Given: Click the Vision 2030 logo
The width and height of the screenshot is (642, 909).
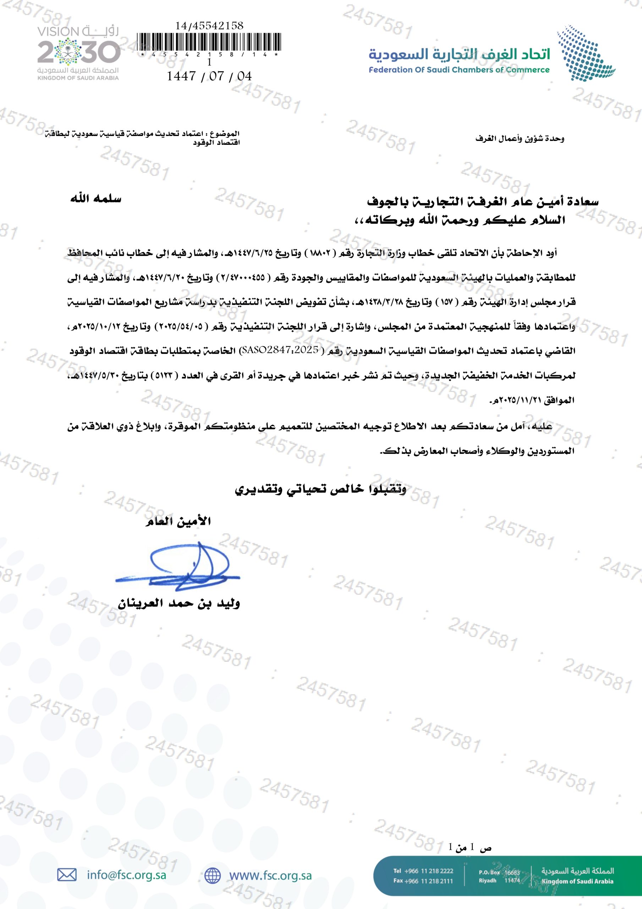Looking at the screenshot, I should pos(78,53).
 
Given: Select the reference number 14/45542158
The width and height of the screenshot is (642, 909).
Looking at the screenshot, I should pos(209,26).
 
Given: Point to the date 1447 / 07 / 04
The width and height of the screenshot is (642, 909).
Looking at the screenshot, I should pos(209,76).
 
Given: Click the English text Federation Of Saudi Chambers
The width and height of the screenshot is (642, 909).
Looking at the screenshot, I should pos(459,70).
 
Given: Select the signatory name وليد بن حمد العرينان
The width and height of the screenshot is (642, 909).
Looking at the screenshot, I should pos(179,603).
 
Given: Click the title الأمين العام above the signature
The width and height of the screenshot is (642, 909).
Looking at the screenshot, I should pos(178,521).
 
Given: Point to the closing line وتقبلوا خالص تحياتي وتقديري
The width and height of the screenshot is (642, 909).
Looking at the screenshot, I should pos(320,489).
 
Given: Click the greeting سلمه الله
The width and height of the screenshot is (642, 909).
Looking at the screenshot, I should pos(96,198).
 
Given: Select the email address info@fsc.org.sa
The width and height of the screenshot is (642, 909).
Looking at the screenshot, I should pos(126,875).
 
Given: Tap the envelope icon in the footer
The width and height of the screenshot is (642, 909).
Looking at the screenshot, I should pos(67,875).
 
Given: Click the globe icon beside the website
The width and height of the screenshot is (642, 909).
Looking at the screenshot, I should pos(213,875).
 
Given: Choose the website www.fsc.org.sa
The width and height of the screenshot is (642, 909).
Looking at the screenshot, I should pos(270,875).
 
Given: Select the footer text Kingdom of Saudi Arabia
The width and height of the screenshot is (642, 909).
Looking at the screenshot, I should pos(577,882).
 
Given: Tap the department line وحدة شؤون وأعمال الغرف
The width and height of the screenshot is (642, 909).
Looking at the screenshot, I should pos(519,138).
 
